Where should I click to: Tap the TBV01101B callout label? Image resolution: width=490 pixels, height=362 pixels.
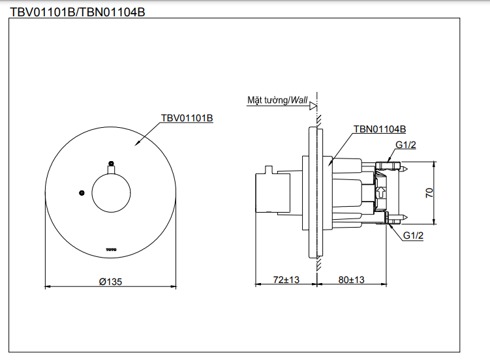coord(187,118)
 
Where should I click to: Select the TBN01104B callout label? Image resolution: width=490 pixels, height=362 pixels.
coord(379,129)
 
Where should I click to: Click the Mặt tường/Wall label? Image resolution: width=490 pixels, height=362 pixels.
coord(277,100)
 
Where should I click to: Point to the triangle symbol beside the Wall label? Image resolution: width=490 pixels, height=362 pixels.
coord(313,104)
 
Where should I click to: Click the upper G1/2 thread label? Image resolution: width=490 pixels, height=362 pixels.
coord(405,145)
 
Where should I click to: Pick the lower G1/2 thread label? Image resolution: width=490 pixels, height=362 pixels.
coord(412,235)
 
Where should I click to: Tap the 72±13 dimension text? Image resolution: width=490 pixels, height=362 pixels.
coord(286,280)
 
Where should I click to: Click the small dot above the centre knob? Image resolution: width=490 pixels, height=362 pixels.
coord(111,163)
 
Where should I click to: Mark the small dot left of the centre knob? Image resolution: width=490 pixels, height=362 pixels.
coord(81,192)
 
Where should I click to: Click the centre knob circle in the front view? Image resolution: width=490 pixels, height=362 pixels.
coord(111,193)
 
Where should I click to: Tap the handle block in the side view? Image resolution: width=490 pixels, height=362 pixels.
coord(268,193)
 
